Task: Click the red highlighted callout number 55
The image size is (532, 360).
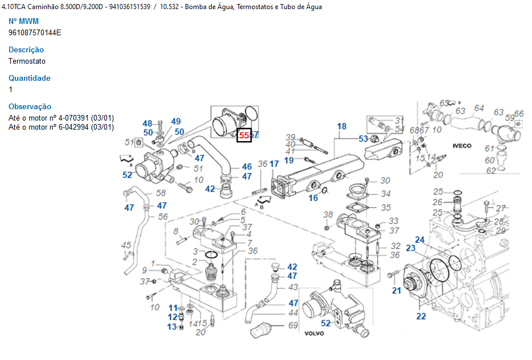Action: pyautogui.click(x=244, y=135)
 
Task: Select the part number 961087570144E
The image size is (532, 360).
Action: pyautogui.click(x=35, y=32)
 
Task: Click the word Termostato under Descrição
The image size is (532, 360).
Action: pyautogui.click(x=27, y=61)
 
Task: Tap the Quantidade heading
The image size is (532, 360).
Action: pyautogui.click(x=30, y=78)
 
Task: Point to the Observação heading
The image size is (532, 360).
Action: pyautogui.click(x=30, y=106)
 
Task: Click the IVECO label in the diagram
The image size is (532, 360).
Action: pyautogui.click(x=462, y=146)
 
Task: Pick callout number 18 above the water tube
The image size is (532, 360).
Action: pyautogui.click(x=341, y=126)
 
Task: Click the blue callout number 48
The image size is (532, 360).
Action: pyautogui.click(x=147, y=123)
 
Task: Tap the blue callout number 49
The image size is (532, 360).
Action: pyautogui.click(x=176, y=121)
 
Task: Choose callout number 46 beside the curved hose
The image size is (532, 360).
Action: pyautogui.click(x=246, y=167)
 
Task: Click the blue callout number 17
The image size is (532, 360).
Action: pyautogui.click(x=274, y=164)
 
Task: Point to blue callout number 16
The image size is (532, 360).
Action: pyautogui.click(x=314, y=198)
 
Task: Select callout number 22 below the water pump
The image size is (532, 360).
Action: pyautogui.click(x=421, y=317)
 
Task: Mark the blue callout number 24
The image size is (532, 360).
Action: pyautogui.click(x=419, y=239)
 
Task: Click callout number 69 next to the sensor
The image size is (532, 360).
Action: pyautogui.click(x=293, y=326)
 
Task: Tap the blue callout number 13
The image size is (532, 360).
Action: pyautogui.click(x=172, y=326)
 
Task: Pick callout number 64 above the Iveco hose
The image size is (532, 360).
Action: pyautogui.click(x=479, y=108)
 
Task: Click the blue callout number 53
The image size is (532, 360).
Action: pyautogui.click(x=363, y=139)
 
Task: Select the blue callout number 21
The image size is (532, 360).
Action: pyautogui.click(x=396, y=291)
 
